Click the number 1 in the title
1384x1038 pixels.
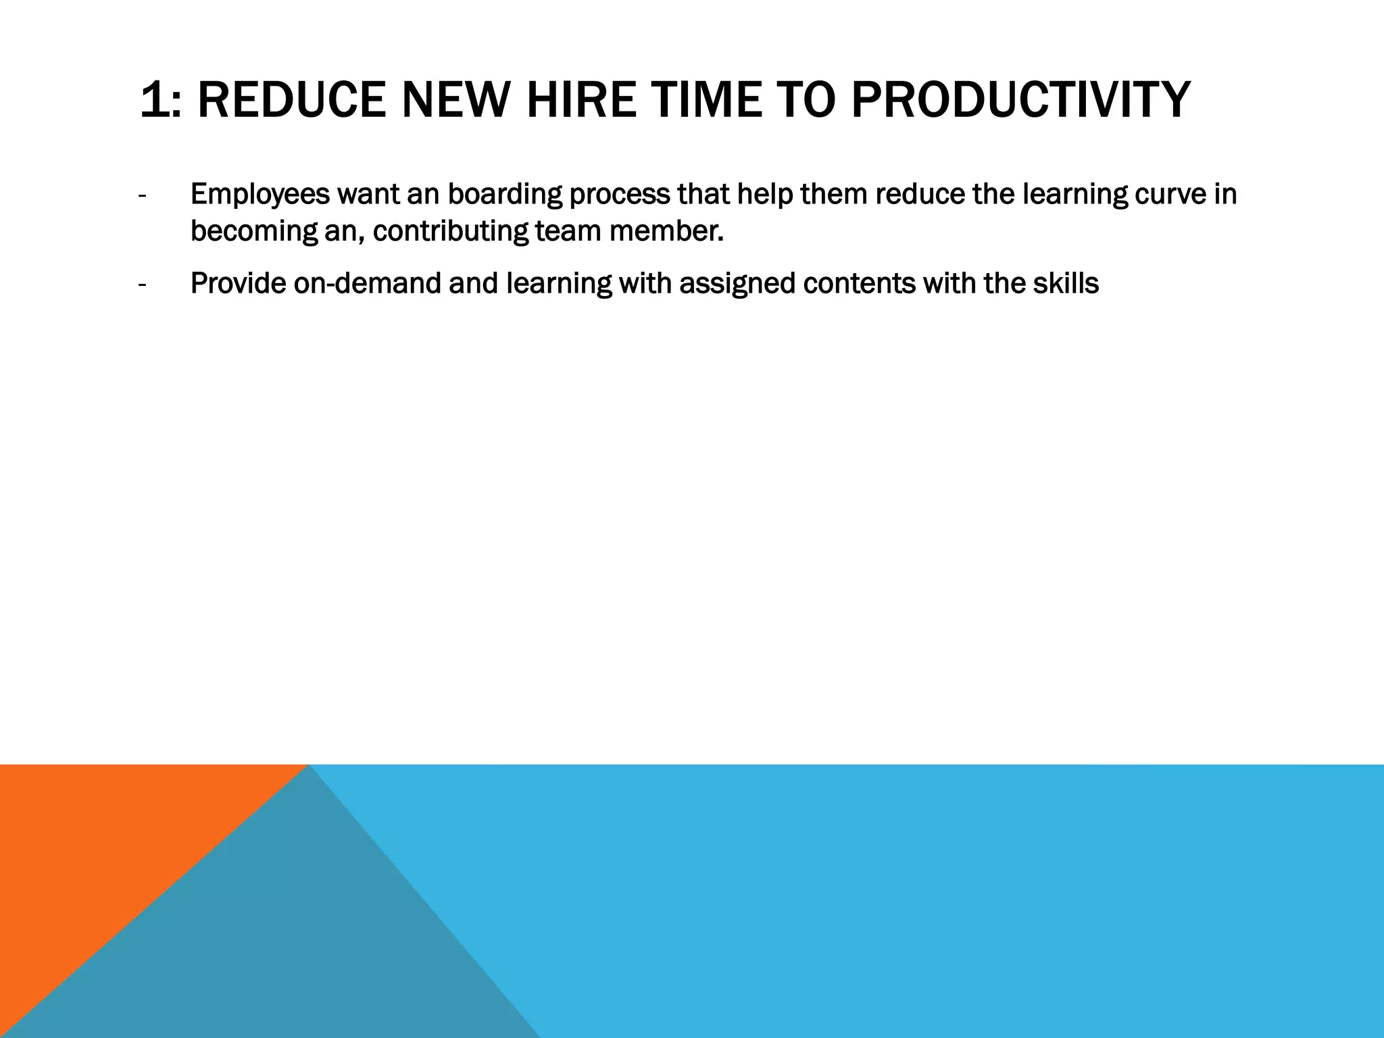(x=152, y=100)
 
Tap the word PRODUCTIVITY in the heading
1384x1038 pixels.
(x=1020, y=100)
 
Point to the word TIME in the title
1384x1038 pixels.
(x=706, y=100)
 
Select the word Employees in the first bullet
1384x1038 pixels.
(x=259, y=195)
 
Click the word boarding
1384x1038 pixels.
(x=505, y=195)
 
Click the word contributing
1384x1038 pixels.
(x=451, y=232)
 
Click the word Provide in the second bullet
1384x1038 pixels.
(x=238, y=284)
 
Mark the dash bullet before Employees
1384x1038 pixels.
(x=141, y=196)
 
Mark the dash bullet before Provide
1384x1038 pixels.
(x=141, y=285)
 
